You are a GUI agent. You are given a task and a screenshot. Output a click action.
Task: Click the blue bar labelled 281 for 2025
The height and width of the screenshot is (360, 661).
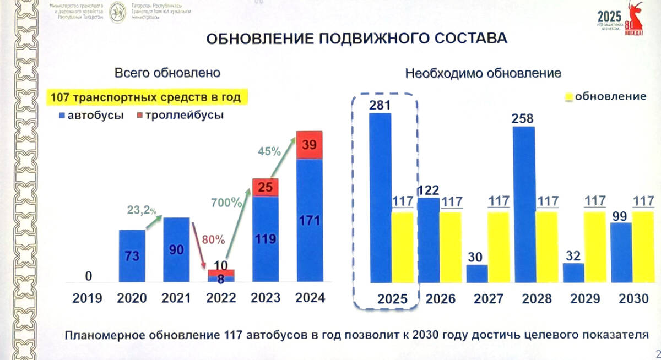tap(380, 198)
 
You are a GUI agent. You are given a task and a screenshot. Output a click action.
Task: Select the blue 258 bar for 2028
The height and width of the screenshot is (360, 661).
tap(523, 204)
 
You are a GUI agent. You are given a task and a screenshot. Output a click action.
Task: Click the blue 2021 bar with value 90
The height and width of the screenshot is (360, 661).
tap(177, 249)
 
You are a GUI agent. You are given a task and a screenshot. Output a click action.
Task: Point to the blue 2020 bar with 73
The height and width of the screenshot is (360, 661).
tap(133, 255)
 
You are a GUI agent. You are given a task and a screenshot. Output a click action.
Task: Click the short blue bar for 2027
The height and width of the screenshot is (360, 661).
tap(476, 274)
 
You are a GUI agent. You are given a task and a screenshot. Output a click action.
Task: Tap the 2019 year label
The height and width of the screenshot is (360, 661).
tap(87, 298)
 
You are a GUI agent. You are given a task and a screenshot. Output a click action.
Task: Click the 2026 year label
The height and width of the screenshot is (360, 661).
tap(441, 299)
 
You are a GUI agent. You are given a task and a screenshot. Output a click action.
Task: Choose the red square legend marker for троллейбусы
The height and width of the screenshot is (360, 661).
tap(140, 116)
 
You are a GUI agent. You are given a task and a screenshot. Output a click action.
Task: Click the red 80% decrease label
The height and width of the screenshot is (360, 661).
tap(212, 240)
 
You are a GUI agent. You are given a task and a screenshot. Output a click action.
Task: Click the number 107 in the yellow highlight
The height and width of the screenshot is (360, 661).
tap(61, 97)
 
